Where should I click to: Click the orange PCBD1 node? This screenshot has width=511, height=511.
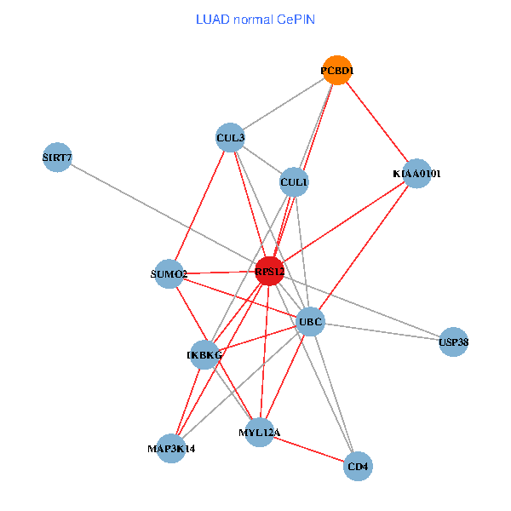click(336, 71)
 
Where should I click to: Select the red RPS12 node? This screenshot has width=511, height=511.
click(269, 271)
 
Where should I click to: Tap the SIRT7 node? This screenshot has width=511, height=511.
click(56, 157)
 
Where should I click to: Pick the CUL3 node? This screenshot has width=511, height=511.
click(230, 137)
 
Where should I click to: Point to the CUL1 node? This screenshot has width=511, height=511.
click(294, 181)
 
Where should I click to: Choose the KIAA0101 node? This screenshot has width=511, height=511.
click(416, 174)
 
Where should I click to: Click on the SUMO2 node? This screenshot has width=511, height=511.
click(169, 273)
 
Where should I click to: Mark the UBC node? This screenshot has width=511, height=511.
click(310, 322)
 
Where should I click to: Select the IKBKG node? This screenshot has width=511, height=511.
click(204, 354)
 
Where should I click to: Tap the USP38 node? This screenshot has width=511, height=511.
click(453, 342)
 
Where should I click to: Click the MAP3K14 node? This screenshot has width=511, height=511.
click(170, 448)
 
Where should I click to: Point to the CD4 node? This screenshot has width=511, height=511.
click(358, 466)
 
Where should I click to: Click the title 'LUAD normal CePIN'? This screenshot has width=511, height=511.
click(255, 19)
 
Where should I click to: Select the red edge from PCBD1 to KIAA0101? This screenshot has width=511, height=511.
click(376, 122)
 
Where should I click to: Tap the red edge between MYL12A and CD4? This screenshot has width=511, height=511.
click(308, 449)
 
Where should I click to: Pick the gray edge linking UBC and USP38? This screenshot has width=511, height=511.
click(382, 332)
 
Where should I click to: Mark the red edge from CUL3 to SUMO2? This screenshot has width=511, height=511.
click(199, 205)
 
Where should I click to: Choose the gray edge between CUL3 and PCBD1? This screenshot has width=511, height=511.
click(283, 104)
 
